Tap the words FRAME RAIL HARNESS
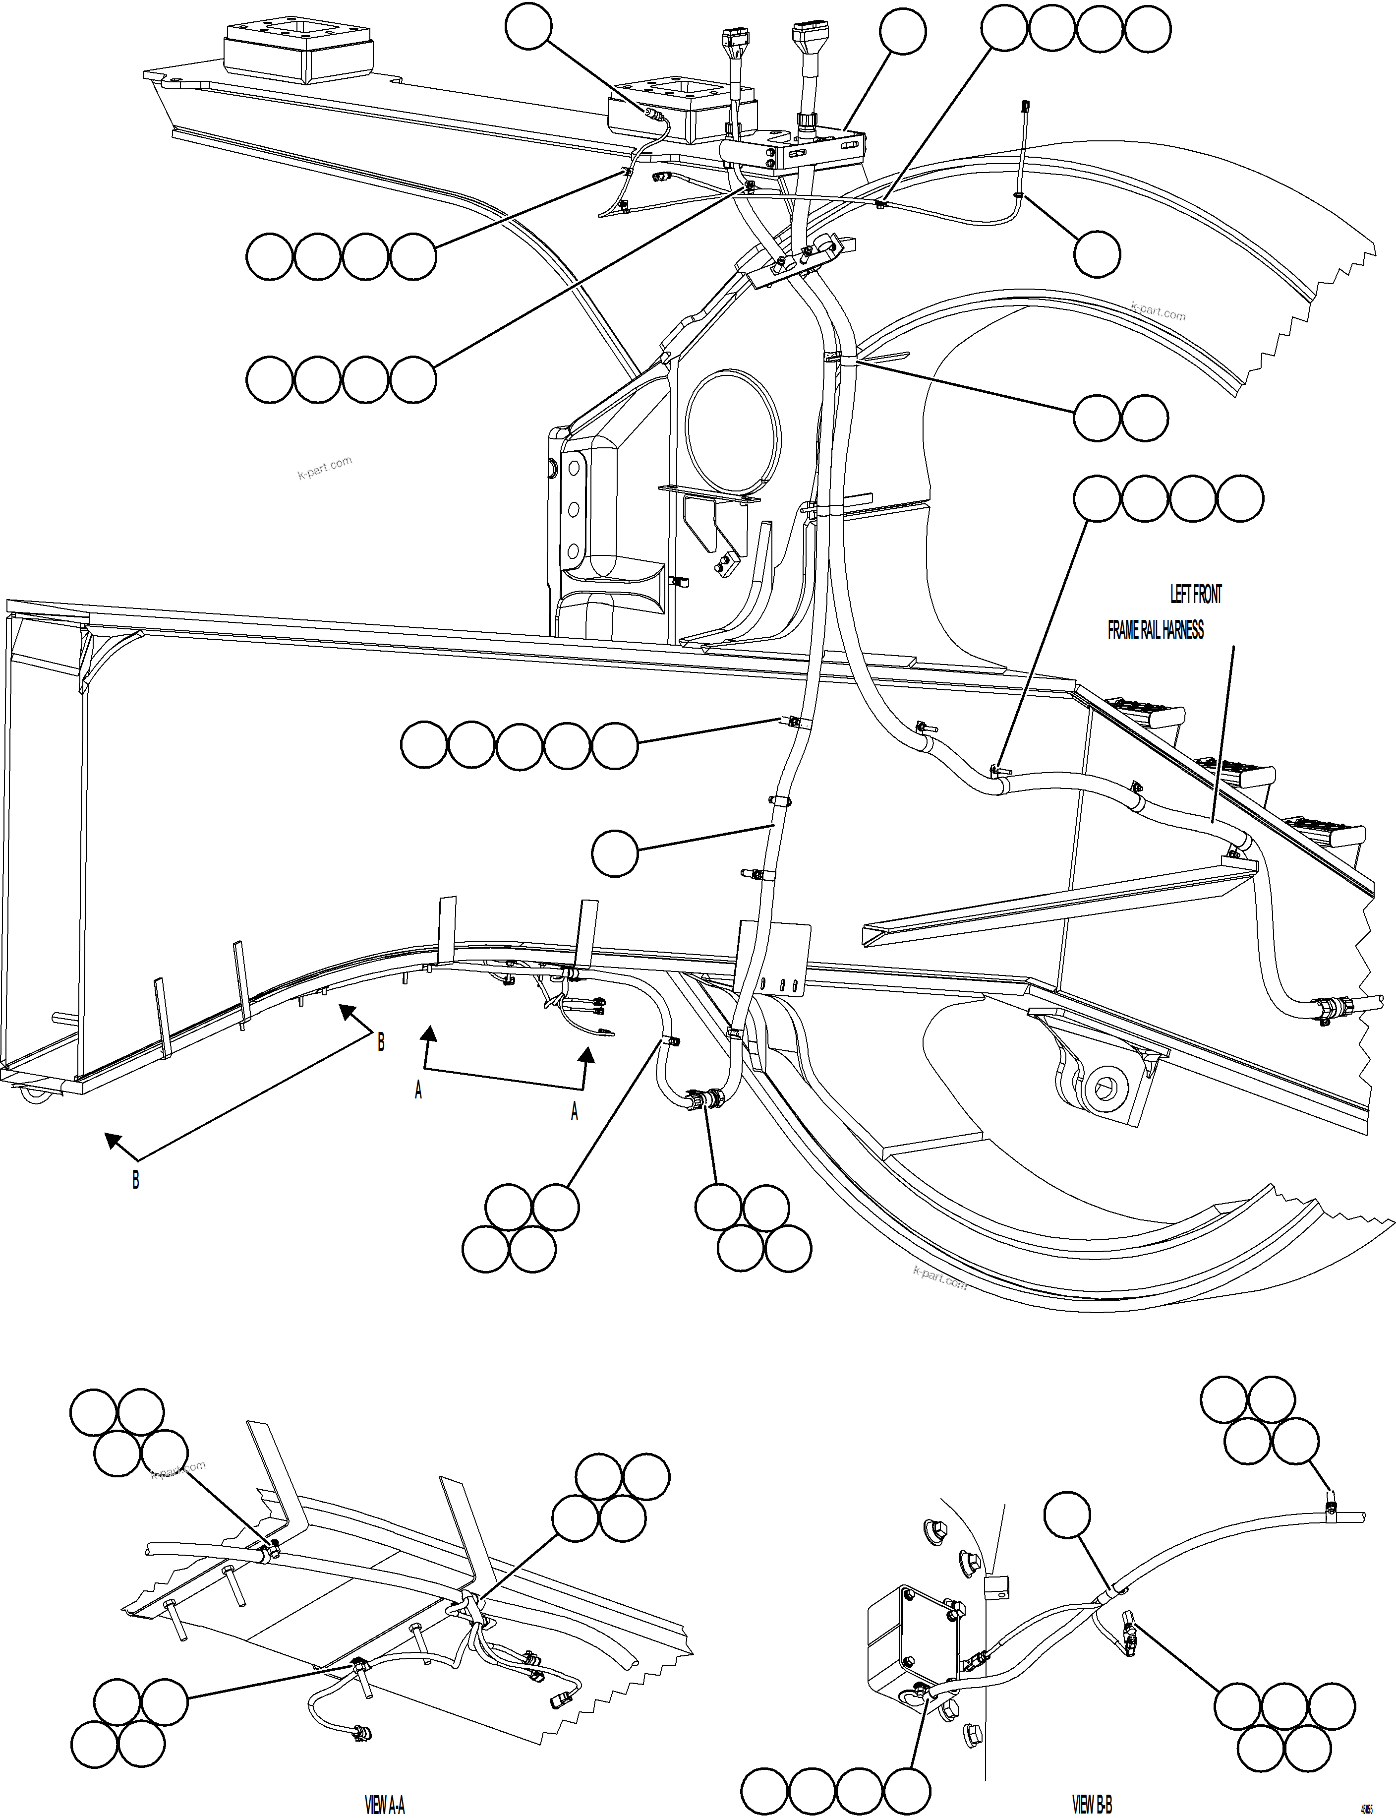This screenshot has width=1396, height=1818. [1155, 630]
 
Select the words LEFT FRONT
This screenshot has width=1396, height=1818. [1196, 595]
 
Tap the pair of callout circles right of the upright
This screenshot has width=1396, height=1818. [1120, 417]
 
